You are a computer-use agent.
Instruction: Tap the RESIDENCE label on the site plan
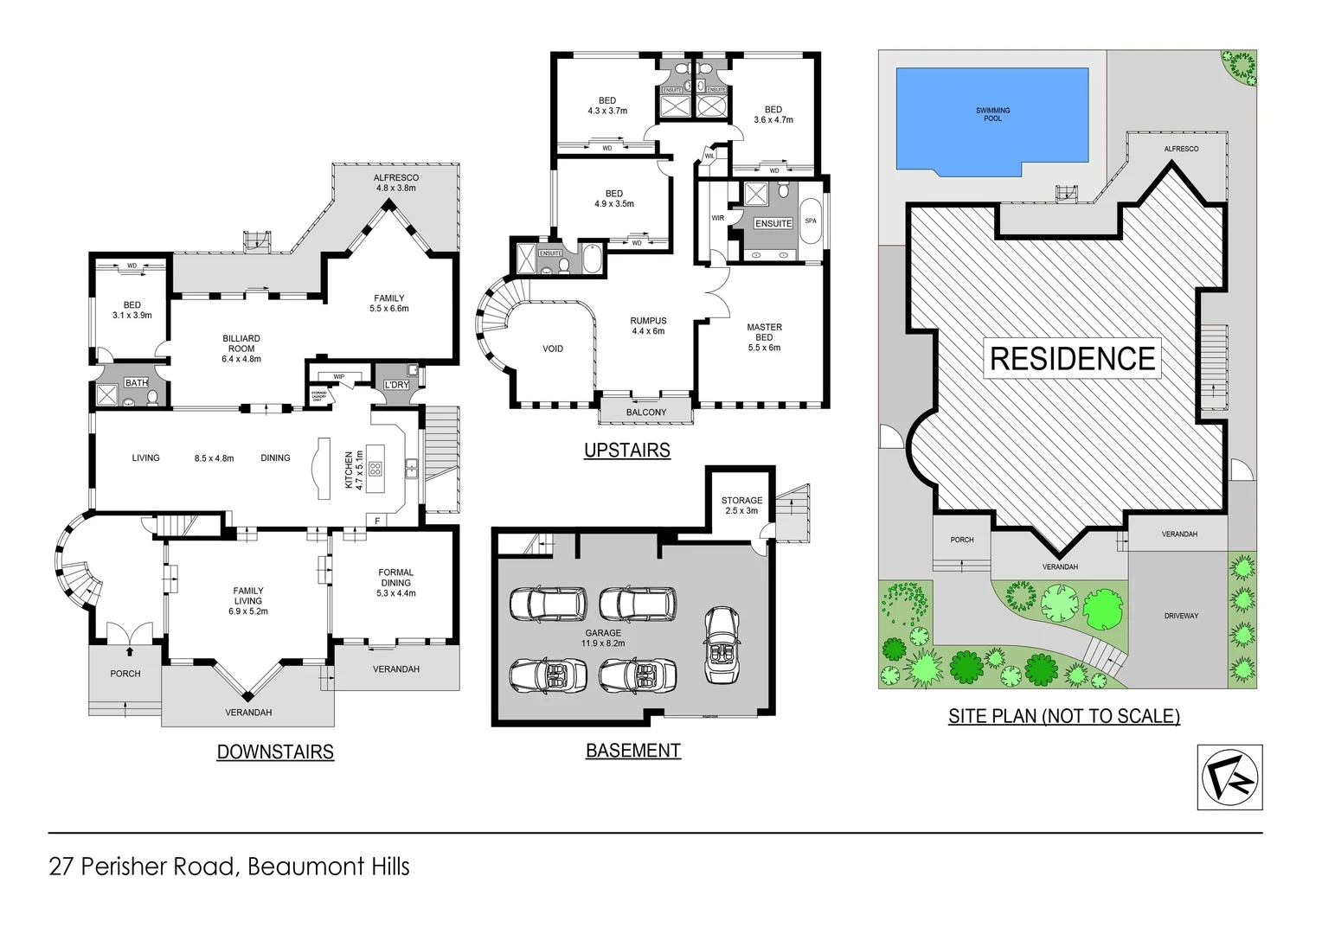point(1072,358)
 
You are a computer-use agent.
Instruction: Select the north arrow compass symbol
point(1229,777)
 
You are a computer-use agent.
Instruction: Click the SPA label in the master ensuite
point(811,221)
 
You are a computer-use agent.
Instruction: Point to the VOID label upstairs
point(553,349)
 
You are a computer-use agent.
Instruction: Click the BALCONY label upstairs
point(646,413)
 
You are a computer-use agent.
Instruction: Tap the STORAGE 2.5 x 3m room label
point(741,505)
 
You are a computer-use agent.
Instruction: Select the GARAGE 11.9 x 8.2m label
point(603,638)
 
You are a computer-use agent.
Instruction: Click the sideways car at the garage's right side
point(721,644)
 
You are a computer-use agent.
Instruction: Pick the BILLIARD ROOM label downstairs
point(241,349)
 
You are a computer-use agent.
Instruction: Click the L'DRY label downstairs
point(396,385)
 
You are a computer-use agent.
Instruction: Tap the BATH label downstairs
point(136,382)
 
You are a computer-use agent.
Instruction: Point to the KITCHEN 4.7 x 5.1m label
point(354,470)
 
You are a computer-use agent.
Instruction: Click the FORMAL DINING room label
point(395,582)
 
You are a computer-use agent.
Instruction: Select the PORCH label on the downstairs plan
point(125,674)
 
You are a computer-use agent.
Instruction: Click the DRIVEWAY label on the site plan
point(1181,616)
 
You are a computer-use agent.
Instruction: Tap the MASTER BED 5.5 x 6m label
point(764,337)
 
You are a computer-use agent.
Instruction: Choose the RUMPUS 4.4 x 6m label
point(648,326)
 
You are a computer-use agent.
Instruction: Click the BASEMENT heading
point(633,751)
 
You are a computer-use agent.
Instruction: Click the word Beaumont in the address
point(293,867)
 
